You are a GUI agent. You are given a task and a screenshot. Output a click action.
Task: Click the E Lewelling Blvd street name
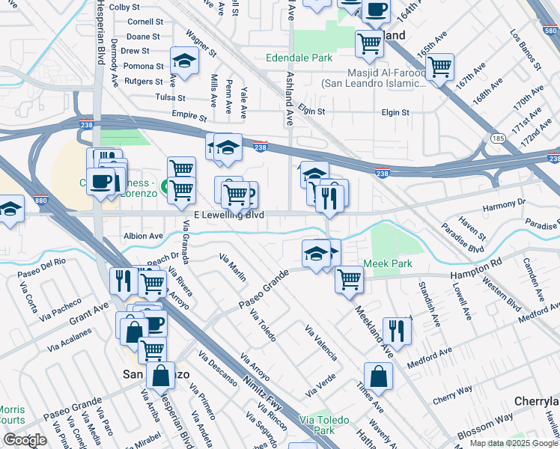[229, 216]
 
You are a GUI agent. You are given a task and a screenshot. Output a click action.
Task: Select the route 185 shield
[497, 138]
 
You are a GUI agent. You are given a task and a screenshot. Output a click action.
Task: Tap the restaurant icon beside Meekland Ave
[397, 330]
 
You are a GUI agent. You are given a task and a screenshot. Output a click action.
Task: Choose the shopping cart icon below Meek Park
[349, 279]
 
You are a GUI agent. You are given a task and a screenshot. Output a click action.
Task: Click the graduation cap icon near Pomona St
[183, 59]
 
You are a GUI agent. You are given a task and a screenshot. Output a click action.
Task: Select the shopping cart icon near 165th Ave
[440, 67]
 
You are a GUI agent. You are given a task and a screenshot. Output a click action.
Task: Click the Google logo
[24, 440]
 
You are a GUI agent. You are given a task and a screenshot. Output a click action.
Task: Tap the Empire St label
[189, 117]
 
